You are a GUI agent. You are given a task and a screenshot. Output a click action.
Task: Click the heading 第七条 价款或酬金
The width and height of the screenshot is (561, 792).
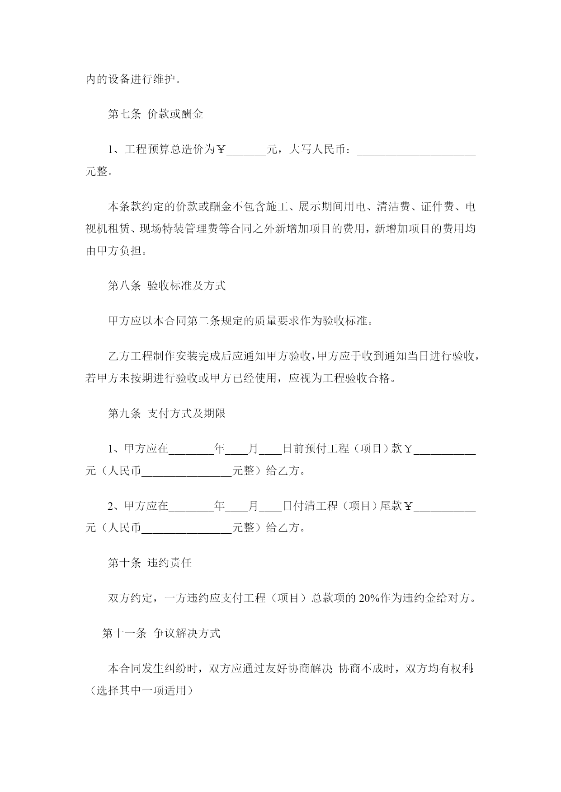(x=156, y=114)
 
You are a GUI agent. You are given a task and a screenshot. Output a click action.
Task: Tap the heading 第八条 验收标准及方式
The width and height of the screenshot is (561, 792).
(x=167, y=286)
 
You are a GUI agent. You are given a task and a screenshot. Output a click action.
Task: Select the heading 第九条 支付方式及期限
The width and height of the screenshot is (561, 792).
(x=167, y=413)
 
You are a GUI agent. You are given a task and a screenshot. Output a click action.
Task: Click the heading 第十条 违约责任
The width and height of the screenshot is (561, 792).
(x=150, y=563)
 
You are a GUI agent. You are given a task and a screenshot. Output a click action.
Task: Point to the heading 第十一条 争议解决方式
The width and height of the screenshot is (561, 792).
(x=161, y=634)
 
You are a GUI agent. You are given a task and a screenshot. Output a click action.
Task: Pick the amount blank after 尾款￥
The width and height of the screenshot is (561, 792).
(x=445, y=506)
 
